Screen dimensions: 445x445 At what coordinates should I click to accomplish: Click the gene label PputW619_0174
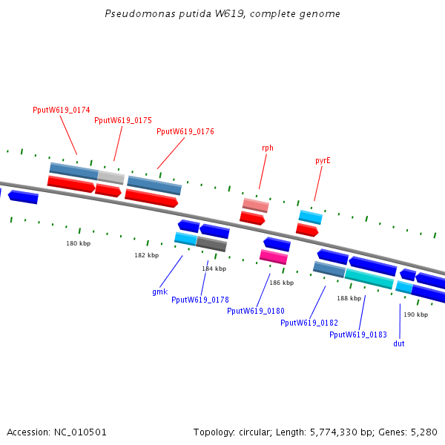pos(62,110)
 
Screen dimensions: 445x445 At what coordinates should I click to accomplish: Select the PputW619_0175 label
pos(123,120)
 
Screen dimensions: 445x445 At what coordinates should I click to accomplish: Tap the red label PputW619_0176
pos(185,131)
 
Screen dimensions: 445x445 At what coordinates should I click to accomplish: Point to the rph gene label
pos(268,148)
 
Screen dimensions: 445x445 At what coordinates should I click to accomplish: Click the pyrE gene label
pos(323,160)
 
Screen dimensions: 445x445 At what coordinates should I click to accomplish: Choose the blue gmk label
pos(159,291)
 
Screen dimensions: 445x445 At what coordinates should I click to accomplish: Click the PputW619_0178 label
pos(200,300)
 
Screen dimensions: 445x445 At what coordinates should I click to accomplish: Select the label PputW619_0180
pos(256,311)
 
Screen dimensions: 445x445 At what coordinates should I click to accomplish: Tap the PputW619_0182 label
pos(309,323)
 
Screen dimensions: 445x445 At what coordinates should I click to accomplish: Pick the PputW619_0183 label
pos(358,334)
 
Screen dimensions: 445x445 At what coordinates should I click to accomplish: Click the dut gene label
pos(399,343)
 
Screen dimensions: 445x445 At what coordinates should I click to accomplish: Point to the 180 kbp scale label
pos(78,243)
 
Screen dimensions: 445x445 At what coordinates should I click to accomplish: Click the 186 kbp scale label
pos(281,283)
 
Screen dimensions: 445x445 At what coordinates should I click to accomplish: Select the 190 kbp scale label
pos(415,314)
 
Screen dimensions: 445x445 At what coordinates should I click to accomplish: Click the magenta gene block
pos(274,257)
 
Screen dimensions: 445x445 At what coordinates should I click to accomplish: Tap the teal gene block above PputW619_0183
pos(369,279)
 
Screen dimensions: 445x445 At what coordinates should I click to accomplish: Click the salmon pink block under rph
pos(255,205)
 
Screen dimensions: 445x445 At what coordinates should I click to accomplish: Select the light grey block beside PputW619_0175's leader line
pos(111,177)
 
